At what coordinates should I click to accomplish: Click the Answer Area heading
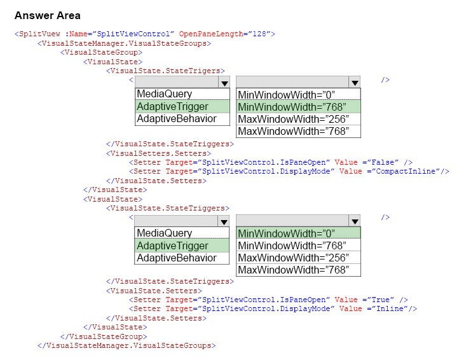[48, 15]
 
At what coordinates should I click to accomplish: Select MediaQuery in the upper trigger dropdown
[165, 94]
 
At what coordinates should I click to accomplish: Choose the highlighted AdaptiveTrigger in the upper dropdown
[172, 106]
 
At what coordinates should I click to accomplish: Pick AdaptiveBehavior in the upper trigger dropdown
[177, 118]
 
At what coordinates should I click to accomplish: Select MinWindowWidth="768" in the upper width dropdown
[292, 107]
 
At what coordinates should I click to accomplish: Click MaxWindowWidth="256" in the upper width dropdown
[293, 119]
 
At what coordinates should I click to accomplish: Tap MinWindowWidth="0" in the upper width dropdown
[286, 95]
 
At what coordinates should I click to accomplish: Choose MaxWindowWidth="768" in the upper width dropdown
[293, 131]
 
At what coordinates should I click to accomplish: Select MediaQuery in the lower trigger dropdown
[165, 233]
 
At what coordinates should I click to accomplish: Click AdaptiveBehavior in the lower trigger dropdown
[177, 258]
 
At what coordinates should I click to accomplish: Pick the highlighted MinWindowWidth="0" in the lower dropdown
[286, 233]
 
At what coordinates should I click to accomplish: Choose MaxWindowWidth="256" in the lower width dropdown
[293, 258]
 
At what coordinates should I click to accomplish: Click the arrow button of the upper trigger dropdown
[224, 82]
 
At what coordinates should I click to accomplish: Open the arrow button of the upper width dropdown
[355, 82]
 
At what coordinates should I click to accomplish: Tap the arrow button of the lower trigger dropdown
[224, 221]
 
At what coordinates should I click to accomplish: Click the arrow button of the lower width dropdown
[355, 221]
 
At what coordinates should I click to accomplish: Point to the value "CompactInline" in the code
[406, 171]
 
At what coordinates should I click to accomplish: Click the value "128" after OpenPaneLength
[259, 34]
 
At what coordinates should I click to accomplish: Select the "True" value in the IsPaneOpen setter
[380, 300]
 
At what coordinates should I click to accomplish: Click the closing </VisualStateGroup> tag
[104, 336]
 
